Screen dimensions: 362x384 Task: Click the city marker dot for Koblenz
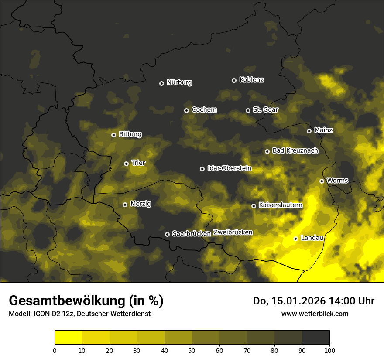coord(234,80)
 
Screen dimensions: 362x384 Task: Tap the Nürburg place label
coord(179,82)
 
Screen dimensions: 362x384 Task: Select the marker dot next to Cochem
coord(186,110)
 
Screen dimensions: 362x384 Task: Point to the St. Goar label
coord(265,109)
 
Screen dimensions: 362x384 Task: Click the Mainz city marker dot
coord(309,131)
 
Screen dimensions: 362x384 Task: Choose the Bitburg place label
coord(130,134)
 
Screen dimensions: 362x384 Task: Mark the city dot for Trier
coord(126,164)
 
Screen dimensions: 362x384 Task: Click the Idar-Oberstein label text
coord(229,168)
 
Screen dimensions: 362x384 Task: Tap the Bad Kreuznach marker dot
coord(267,151)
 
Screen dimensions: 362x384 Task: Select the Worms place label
coord(337,180)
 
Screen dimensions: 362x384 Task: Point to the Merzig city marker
coord(125,205)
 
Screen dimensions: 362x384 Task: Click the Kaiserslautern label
coord(280,205)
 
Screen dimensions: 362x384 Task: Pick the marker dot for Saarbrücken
coord(167,234)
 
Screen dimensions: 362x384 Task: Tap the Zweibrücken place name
coord(233,232)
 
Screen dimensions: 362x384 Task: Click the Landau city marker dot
coord(295,239)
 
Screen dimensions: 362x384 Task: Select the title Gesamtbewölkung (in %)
coord(86,301)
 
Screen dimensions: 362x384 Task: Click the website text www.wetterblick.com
coord(315,314)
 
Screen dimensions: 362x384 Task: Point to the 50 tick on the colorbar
coord(192,350)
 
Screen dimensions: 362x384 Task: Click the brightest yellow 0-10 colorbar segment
coord(68,338)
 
